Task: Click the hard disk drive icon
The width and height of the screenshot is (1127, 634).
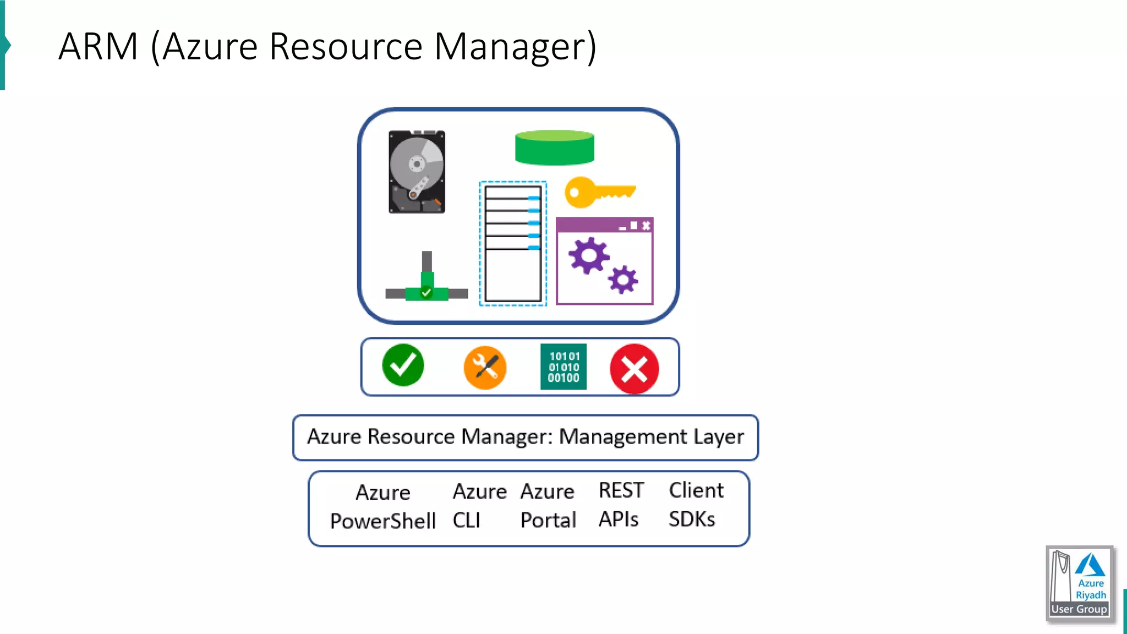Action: coord(417,172)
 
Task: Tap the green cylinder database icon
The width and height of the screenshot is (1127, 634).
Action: coord(554,147)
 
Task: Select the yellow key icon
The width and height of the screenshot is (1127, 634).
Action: coord(599,192)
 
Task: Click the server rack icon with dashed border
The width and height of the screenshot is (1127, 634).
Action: coord(513,243)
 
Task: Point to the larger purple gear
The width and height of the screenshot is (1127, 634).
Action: coord(588,255)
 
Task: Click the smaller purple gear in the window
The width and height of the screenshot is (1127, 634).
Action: coord(623,280)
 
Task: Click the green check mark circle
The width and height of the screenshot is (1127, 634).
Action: coord(403,365)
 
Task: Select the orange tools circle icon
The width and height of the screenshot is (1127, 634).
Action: coord(485,368)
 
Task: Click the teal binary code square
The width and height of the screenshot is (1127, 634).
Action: coord(563,367)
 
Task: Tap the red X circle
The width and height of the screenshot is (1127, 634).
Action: coord(634,369)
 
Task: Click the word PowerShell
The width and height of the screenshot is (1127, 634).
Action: coord(383,521)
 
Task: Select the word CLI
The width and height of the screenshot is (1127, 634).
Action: coord(467,520)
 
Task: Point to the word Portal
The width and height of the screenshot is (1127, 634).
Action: coord(548,520)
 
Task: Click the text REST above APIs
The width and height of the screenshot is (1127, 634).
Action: coord(621,490)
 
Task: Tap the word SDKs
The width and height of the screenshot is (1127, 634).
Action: coord(692,519)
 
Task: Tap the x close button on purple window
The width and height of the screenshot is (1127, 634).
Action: coord(646,226)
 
